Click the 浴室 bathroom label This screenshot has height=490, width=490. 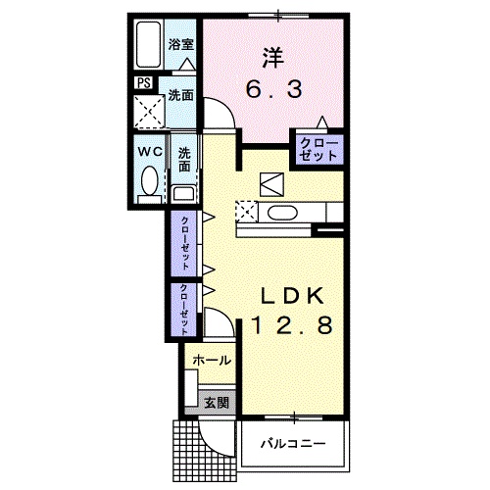(x=179, y=44)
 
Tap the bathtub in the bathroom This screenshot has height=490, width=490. (x=148, y=43)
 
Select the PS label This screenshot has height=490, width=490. (x=143, y=82)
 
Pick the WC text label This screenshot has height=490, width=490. (x=149, y=152)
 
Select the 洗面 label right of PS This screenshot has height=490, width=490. (x=179, y=96)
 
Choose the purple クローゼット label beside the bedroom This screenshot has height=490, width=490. (x=318, y=151)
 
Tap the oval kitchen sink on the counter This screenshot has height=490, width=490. (x=282, y=213)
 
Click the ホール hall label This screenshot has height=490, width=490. (x=211, y=361)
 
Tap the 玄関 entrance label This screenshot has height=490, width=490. (x=217, y=401)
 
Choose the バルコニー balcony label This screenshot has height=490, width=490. (x=293, y=443)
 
